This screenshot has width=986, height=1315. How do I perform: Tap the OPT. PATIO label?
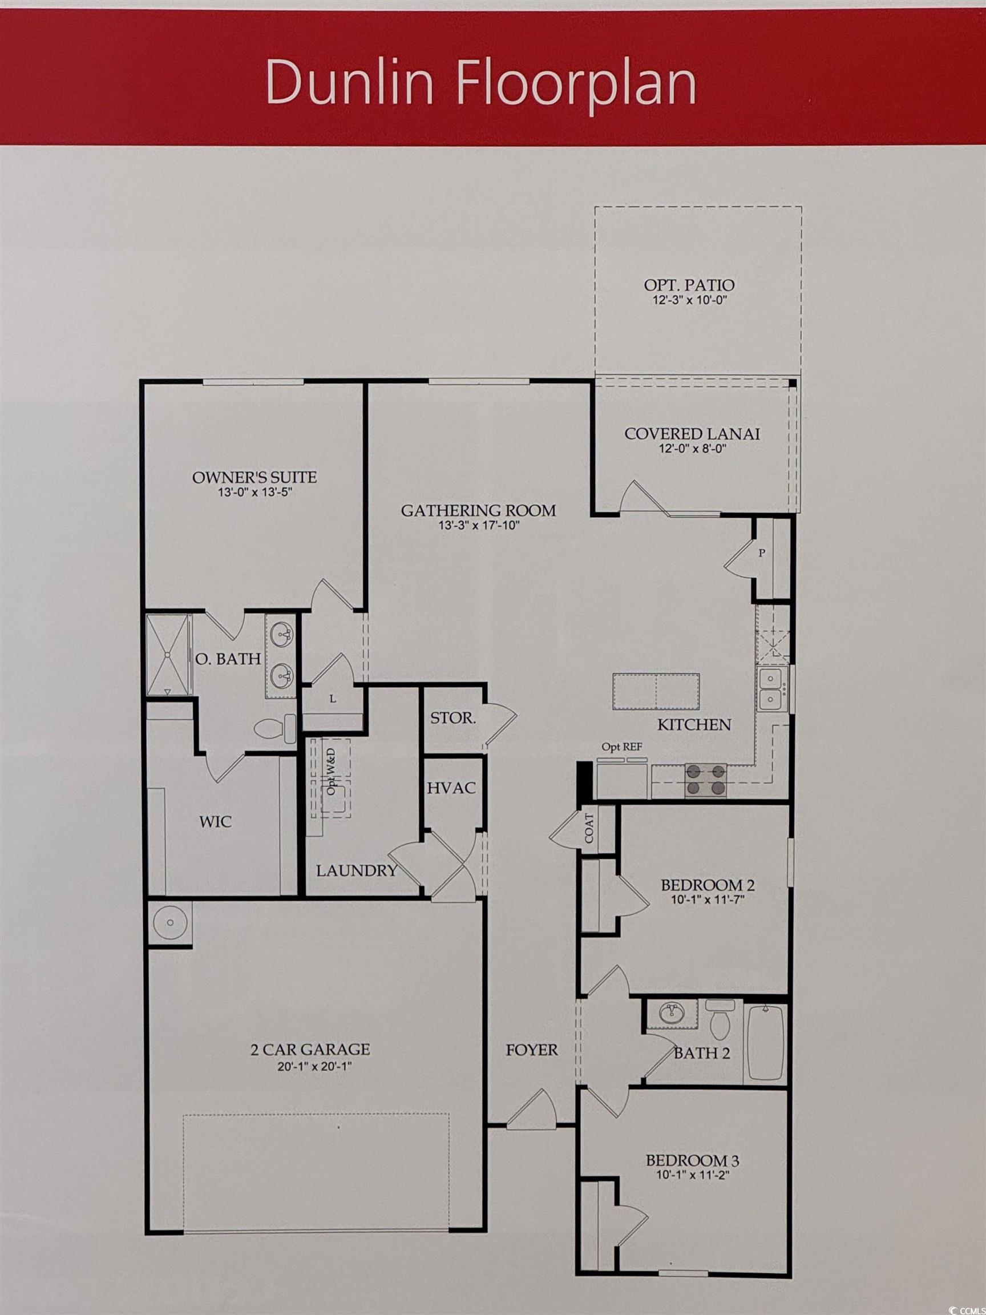click(x=689, y=285)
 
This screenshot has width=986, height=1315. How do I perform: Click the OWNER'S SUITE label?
click(x=254, y=477)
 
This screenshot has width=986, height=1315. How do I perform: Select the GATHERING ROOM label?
click(x=478, y=510)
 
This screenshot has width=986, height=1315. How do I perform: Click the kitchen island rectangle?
click(x=656, y=691)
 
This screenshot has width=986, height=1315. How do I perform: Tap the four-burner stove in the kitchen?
click(x=706, y=781)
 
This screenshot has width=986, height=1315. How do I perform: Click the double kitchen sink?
click(x=771, y=689)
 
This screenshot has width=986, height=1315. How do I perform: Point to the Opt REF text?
click(x=622, y=747)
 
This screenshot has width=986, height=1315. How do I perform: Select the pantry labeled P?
click(x=762, y=554)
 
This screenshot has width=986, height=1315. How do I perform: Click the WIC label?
click(x=216, y=822)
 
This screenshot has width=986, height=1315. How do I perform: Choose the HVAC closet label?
click(x=452, y=788)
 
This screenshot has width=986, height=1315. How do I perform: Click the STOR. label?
click(x=453, y=718)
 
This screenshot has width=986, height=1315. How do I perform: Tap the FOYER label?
click(x=532, y=1050)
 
